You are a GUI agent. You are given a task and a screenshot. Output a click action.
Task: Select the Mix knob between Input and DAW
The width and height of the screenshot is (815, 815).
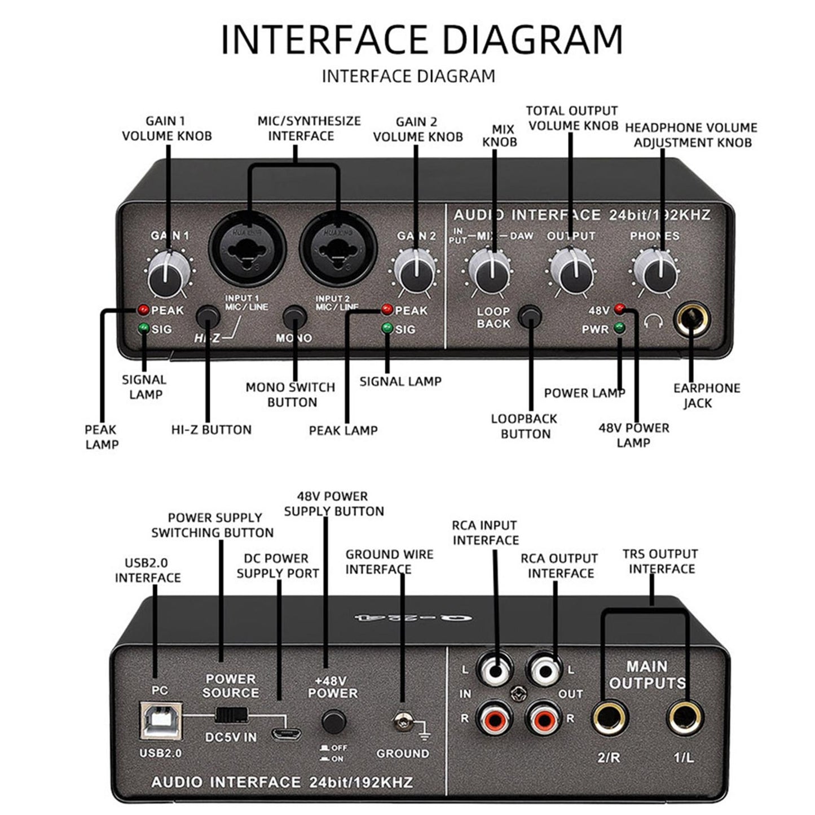[x=490, y=272]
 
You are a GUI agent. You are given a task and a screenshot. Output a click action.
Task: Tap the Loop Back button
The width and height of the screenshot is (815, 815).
[x=530, y=316]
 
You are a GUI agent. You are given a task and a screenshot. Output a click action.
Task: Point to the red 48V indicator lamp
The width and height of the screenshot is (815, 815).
[x=620, y=308]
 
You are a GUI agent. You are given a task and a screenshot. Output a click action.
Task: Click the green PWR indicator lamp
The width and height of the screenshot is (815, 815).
[x=620, y=327]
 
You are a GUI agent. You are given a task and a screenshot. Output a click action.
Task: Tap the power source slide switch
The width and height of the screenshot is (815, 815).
[x=231, y=715]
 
